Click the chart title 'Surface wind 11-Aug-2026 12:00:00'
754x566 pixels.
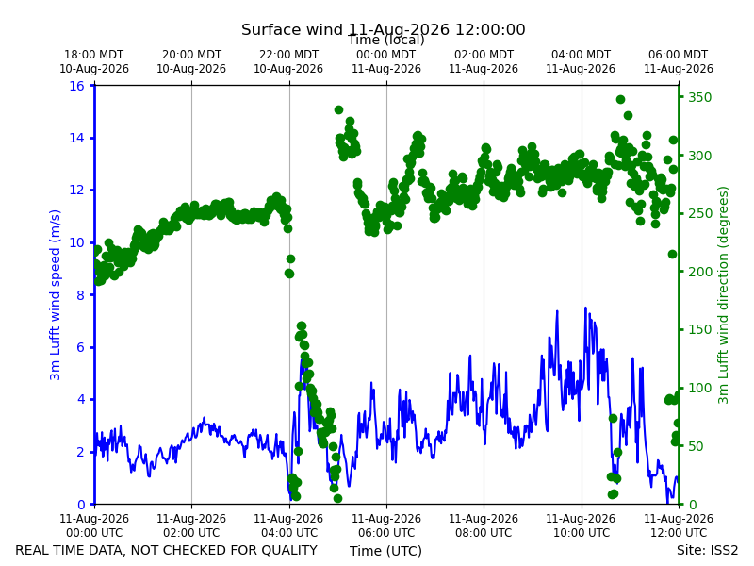coord(384,29)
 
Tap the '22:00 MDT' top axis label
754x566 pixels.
coord(288,55)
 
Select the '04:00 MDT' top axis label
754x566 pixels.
coord(581,55)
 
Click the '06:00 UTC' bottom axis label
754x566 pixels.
coord(386,533)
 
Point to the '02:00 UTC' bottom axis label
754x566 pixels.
coord(191,533)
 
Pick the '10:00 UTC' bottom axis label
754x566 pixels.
coord(581,533)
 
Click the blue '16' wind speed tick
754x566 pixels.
coord(77,86)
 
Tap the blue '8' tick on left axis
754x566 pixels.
coord(80,295)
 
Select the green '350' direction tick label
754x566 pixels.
coord(700,97)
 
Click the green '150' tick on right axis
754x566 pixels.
coord(700,329)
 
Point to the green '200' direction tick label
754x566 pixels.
coord(700,272)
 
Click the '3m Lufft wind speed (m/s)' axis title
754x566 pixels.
coord(55,295)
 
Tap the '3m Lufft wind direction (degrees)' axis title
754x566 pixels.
coord(723,295)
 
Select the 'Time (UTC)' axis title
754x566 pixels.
coord(385,551)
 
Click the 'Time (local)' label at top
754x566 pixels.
coord(386,40)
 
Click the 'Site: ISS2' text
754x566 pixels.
coord(707,550)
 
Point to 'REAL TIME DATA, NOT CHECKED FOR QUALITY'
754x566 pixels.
coord(167,550)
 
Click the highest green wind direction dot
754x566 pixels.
coord(620,100)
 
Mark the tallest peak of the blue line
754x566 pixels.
coord(585,308)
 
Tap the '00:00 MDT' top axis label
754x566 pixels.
coord(386,55)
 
